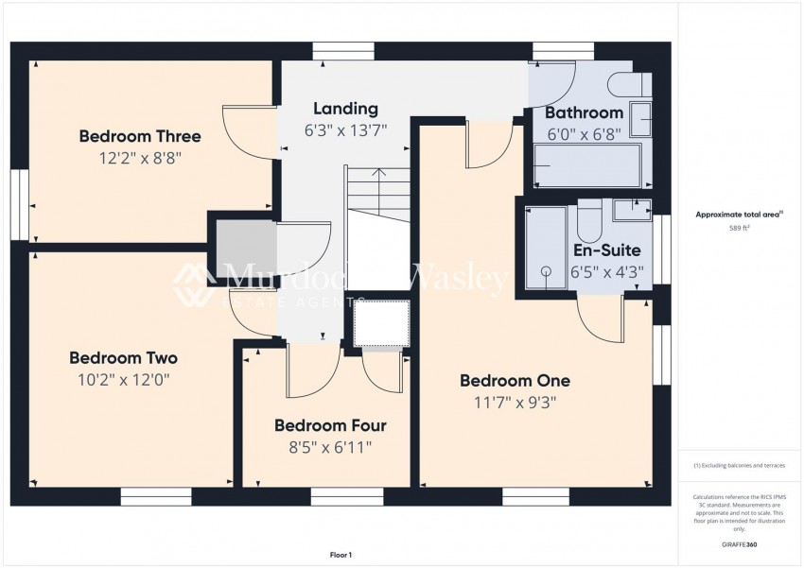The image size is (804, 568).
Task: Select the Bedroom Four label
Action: pyautogui.click(x=330, y=426)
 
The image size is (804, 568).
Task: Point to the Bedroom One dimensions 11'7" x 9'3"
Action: pyautogui.click(x=515, y=403)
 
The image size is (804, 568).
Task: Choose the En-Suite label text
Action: pyautogui.click(x=606, y=250)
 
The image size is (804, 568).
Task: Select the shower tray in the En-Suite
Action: pyautogui.click(x=546, y=248)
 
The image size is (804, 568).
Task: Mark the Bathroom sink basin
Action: pyautogui.click(x=640, y=120)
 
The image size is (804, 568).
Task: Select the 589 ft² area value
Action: pyautogui.click(x=739, y=229)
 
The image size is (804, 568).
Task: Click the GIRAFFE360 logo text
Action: pyautogui.click(x=739, y=545)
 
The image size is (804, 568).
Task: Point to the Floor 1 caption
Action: pyautogui.click(x=340, y=555)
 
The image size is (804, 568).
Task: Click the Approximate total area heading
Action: pyautogui.click(x=738, y=215)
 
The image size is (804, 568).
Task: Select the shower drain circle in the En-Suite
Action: pyautogui.click(x=546, y=271)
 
